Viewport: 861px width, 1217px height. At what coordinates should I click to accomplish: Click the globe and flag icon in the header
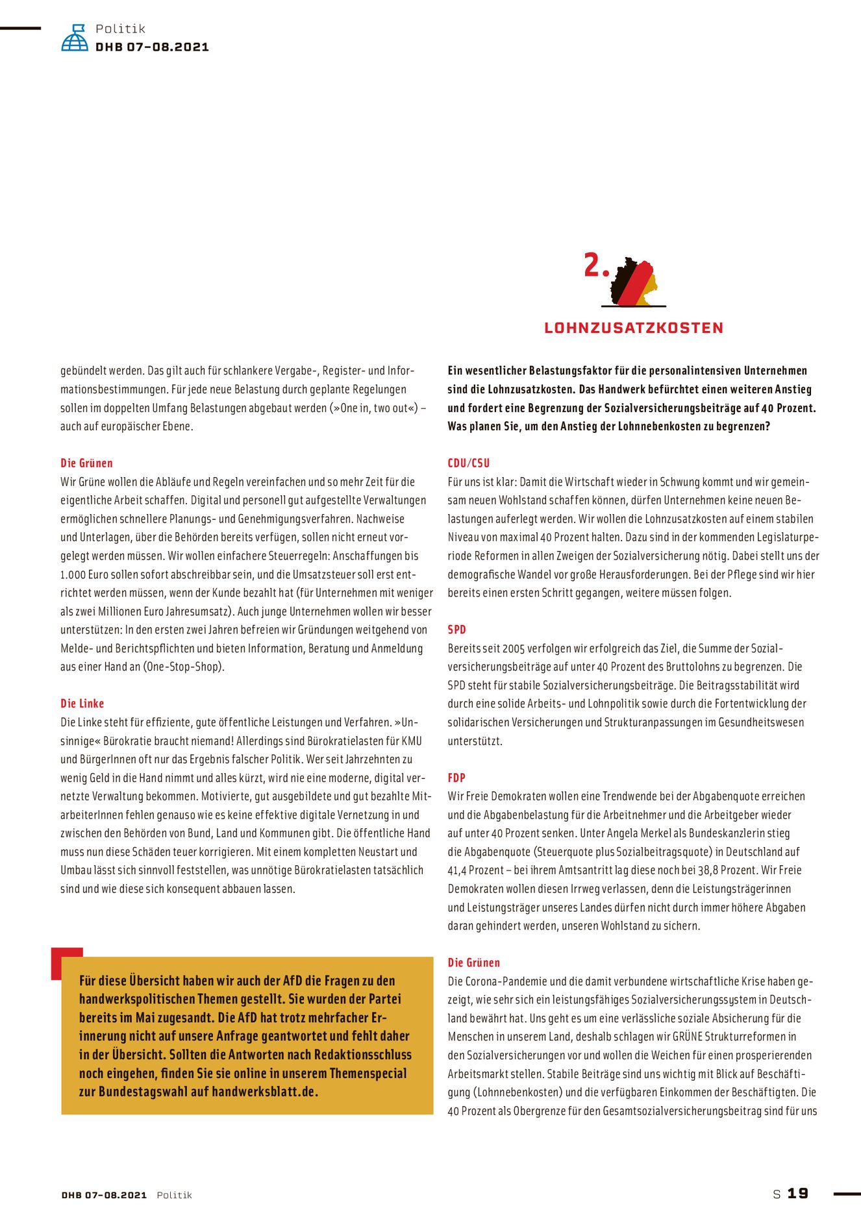pyautogui.click(x=75, y=38)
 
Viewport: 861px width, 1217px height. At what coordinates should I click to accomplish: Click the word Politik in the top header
pyautogui.click(x=120, y=29)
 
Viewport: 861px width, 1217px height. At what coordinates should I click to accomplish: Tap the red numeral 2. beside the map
pyautogui.click(x=596, y=265)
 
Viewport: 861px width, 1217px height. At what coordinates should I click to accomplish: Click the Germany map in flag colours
pyautogui.click(x=634, y=282)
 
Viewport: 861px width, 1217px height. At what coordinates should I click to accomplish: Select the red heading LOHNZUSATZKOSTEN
pyautogui.click(x=634, y=328)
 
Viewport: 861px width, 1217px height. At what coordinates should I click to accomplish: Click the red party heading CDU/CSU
pyautogui.click(x=468, y=463)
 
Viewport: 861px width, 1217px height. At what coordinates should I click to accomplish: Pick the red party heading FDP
pyautogui.click(x=456, y=778)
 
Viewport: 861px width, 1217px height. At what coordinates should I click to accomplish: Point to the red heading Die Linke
pyautogui.click(x=82, y=703)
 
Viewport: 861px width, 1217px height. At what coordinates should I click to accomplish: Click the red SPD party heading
pyautogui.click(x=456, y=630)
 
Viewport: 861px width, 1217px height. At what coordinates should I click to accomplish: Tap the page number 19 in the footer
pyautogui.click(x=798, y=1194)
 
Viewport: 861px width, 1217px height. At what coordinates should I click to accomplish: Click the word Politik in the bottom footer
pyautogui.click(x=174, y=1195)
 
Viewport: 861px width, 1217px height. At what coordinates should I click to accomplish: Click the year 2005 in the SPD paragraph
pyautogui.click(x=513, y=648)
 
